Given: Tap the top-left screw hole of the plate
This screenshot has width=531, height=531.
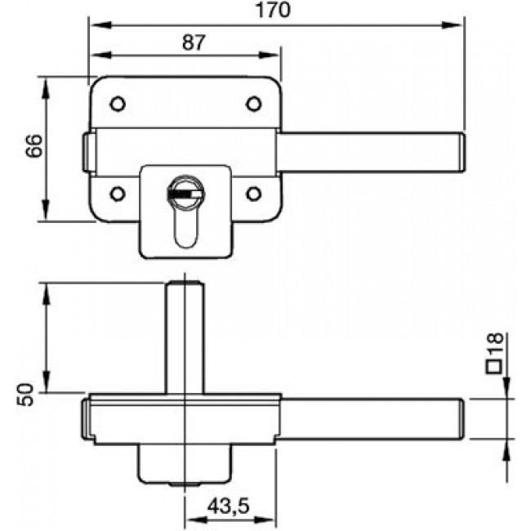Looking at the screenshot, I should tap(117, 104).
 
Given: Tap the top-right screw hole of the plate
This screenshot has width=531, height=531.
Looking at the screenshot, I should tap(254, 104).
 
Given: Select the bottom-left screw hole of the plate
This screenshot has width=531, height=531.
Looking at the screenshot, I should tap(117, 194).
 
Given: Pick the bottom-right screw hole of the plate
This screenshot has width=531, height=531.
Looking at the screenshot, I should tap(254, 194).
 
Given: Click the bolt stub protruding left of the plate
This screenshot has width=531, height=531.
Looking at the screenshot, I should tap(87, 154).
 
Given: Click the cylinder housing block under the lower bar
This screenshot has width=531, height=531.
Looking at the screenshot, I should tap(185, 464).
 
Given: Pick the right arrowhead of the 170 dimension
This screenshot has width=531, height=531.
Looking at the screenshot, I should tap(457, 25).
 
